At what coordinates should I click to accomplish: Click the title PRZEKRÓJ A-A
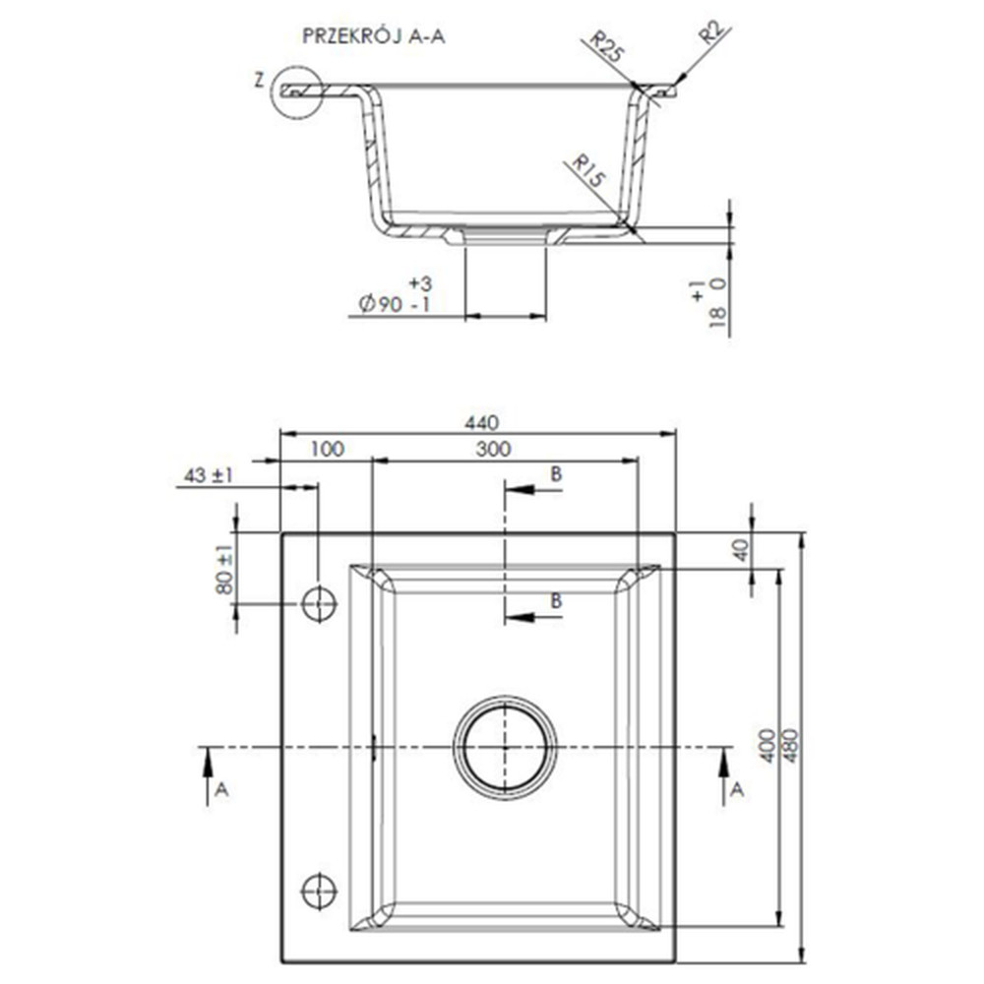[373, 36]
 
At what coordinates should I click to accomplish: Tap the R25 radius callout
[606, 46]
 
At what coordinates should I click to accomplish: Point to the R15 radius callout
[588, 171]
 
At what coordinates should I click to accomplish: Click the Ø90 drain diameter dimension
[396, 295]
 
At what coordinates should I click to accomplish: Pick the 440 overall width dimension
[482, 423]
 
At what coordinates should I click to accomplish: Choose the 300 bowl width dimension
[493, 450]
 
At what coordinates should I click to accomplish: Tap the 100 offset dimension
[327, 450]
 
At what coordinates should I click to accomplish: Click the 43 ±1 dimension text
[208, 475]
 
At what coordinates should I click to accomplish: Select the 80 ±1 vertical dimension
[224, 569]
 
